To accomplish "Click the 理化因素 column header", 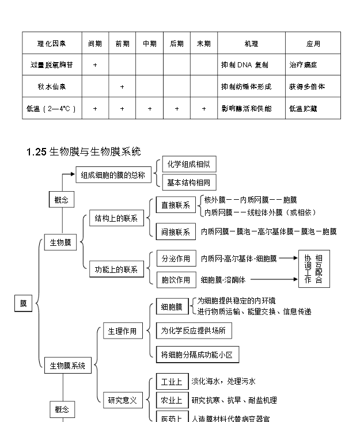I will [x=52, y=44].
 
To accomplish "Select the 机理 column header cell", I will [x=251, y=44].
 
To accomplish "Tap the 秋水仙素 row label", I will [x=52, y=87].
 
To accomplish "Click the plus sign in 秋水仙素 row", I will [x=122, y=87].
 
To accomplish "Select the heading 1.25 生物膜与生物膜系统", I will [x=84, y=152].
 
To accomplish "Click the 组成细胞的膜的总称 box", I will [x=113, y=175].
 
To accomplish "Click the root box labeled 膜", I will [x=23, y=303].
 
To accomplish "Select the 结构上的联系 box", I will [x=116, y=218].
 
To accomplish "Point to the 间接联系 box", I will [x=176, y=232].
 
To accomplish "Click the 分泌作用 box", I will [x=176, y=259].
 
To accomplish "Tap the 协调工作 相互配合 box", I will [x=314, y=269].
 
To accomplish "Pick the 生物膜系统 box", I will [x=67, y=365].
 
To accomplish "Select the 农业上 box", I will [x=171, y=400].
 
